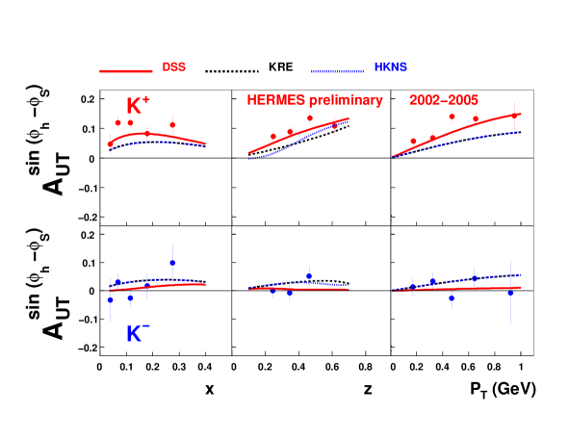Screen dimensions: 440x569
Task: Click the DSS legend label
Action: click(173, 67)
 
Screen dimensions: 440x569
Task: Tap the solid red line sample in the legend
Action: click(126, 70)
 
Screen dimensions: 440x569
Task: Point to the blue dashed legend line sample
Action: click(337, 70)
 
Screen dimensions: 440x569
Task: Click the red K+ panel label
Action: click(139, 106)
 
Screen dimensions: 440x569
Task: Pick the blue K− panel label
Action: click(138, 334)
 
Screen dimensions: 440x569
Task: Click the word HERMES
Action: click(275, 100)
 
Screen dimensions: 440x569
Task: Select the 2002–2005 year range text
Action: click(444, 100)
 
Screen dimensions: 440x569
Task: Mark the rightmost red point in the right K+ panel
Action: click(515, 116)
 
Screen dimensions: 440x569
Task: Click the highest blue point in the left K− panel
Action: click(172, 263)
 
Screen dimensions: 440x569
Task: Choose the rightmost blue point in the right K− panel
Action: click(511, 294)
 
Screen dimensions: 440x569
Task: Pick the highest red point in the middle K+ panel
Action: click(310, 118)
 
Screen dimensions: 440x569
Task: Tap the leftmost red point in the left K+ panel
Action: click(110, 144)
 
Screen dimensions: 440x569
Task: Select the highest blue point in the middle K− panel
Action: click(309, 276)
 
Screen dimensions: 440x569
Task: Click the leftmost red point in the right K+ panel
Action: click(413, 142)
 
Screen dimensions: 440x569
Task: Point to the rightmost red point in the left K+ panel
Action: click(172, 125)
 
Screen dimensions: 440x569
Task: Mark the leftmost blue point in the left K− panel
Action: click(110, 299)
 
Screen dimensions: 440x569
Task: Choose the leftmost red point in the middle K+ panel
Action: click(273, 136)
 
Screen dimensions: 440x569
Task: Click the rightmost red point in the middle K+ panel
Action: click(334, 125)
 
